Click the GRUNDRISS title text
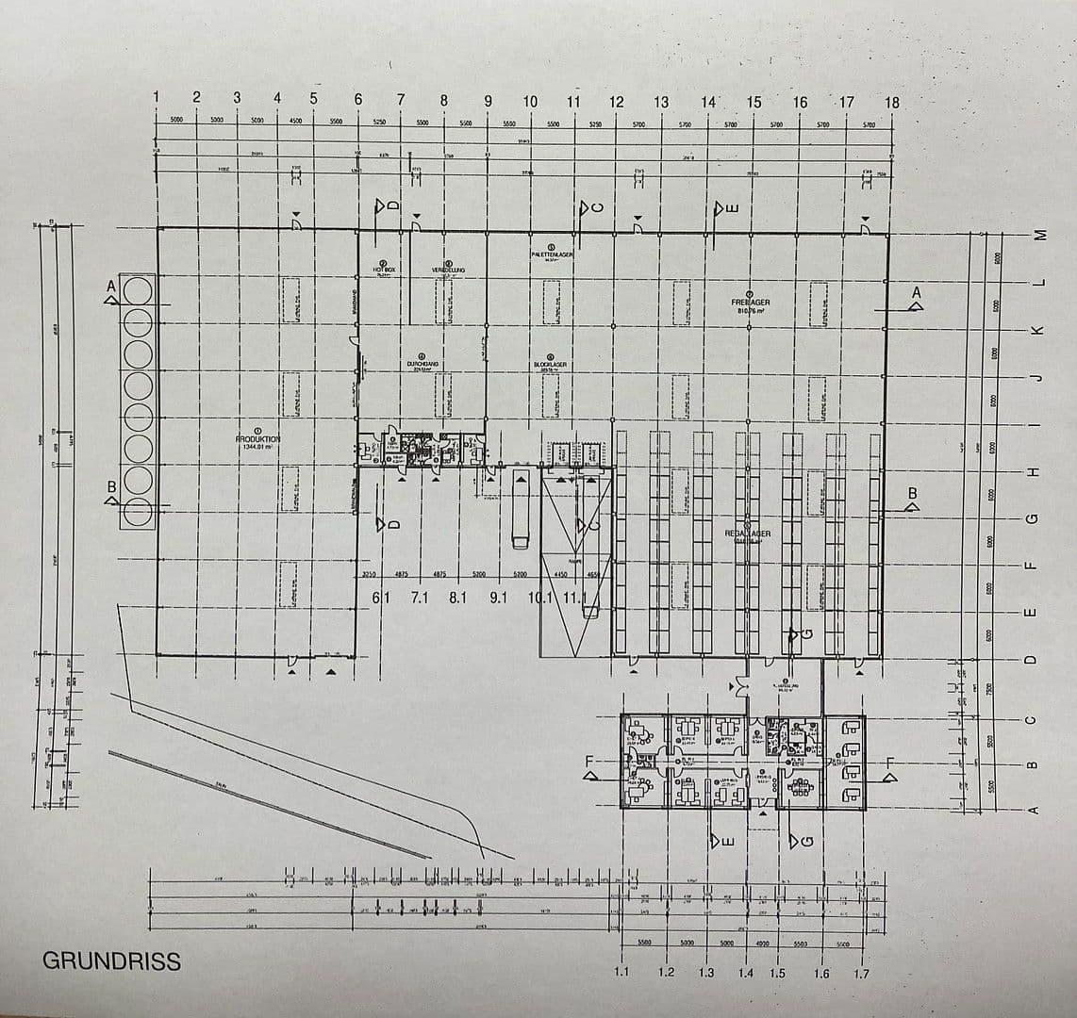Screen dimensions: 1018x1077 (111, 961)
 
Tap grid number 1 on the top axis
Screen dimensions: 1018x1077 (157, 98)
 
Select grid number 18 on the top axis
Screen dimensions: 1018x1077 (892, 103)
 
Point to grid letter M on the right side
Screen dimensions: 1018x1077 (1040, 235)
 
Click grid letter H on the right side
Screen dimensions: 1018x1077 (1033, 471)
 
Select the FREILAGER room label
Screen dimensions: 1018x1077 (750, 304)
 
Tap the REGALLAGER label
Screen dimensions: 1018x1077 (748, 534)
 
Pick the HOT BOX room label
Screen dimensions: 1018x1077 (384, 270)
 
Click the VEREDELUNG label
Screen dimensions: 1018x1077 (448, 270)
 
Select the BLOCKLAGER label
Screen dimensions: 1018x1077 (550, 364)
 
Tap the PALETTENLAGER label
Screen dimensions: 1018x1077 (552, 254)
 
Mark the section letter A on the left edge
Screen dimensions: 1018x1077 (111, 285)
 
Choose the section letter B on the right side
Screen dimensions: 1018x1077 (912, 493)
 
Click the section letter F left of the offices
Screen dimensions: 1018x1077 (591, 761)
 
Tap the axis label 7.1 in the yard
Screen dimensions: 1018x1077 (420, 598)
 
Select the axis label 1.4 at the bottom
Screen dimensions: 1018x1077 (746, 974)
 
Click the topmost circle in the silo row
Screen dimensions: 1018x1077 (137, 288)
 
